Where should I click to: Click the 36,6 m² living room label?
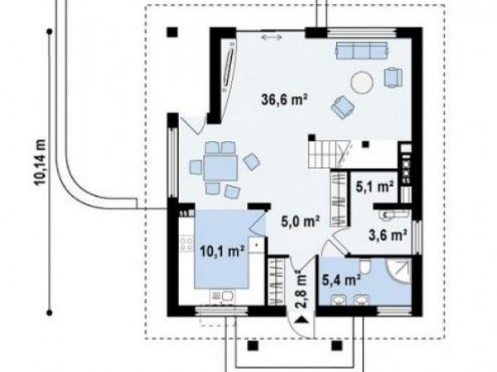284,100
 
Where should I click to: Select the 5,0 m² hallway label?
300,221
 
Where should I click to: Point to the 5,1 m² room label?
374,187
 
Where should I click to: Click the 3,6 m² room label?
388,235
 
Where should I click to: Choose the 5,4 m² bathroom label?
341,279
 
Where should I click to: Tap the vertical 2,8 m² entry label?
302,289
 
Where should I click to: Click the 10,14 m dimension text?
41,162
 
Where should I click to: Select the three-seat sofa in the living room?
362,51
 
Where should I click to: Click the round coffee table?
362,82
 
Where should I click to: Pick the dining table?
220,167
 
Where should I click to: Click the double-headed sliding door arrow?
272,37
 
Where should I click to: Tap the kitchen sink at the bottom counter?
227,297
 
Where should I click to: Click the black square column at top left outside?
172,31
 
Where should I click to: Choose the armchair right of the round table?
393,77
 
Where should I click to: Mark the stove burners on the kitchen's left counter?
186,244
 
